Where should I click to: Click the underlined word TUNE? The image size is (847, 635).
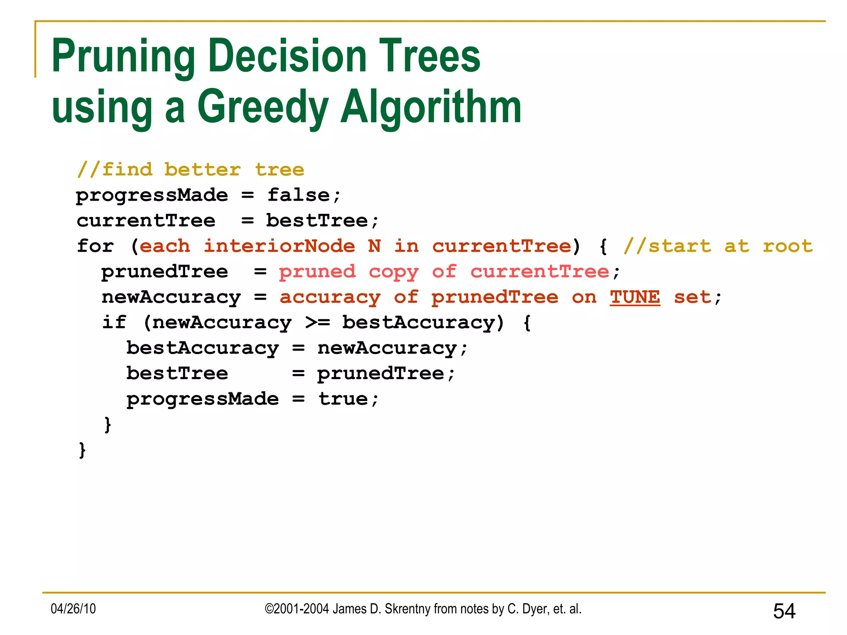coord(635,297)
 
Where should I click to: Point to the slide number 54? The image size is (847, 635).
coord(784,611)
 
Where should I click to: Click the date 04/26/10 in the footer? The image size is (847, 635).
coord(73,609)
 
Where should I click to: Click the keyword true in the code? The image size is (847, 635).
coord(343,399)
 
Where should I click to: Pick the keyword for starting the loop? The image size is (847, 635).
coord(95,246)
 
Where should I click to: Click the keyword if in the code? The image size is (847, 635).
coord(114,322)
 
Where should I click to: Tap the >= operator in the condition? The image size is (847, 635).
coord(317,322)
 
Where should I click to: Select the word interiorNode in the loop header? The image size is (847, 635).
coord(279,246)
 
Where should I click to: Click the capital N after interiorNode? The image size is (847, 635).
coord(374,246)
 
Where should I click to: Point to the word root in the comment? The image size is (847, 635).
coord(788,246)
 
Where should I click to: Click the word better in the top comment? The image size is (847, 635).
coord(202,170)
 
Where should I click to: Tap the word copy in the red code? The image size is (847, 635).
coord(393,272)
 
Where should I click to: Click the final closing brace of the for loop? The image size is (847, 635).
coord(82,450)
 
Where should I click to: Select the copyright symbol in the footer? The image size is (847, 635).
coord(269,609)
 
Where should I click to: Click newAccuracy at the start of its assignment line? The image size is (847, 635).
coord(171,297)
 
